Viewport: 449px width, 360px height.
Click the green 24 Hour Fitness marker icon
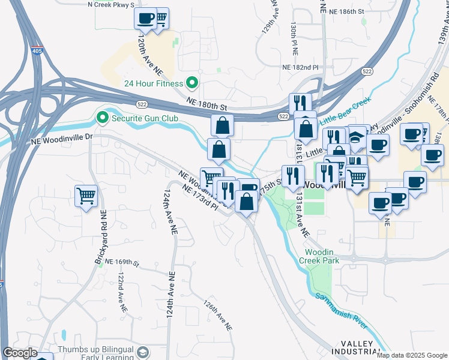click(193, 83)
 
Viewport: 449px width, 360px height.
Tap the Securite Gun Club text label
click(145, 118)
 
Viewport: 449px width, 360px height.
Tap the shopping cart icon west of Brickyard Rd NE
click(86, 195)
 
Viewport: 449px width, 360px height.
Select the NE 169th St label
click(122, 263)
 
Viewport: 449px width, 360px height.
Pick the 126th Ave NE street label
click(217, 316)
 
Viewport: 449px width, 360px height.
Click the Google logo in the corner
click(20, 353)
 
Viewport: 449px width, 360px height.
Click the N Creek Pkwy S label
click(111, 4)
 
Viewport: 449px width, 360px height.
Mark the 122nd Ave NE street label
click(122, 292)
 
